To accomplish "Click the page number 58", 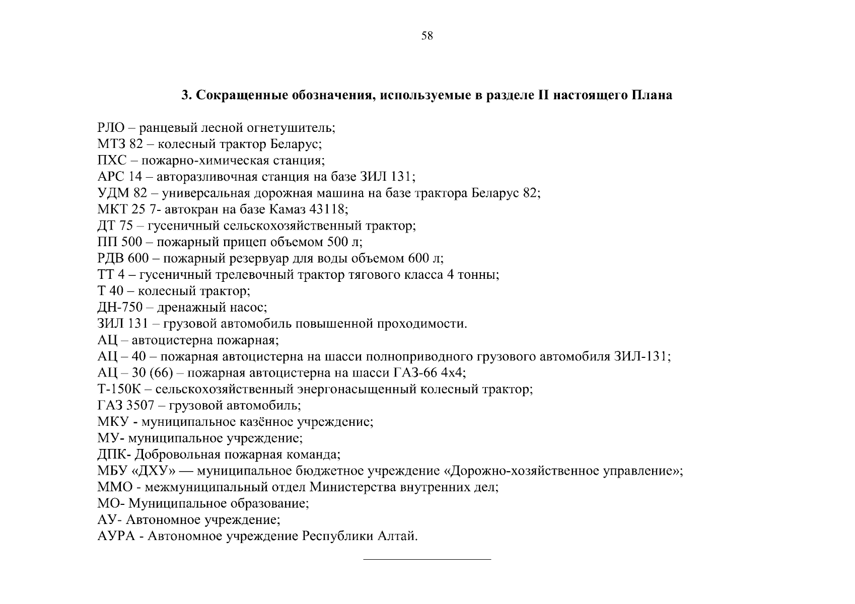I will tap(427, 36).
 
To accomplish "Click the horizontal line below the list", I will tap(427, 559).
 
